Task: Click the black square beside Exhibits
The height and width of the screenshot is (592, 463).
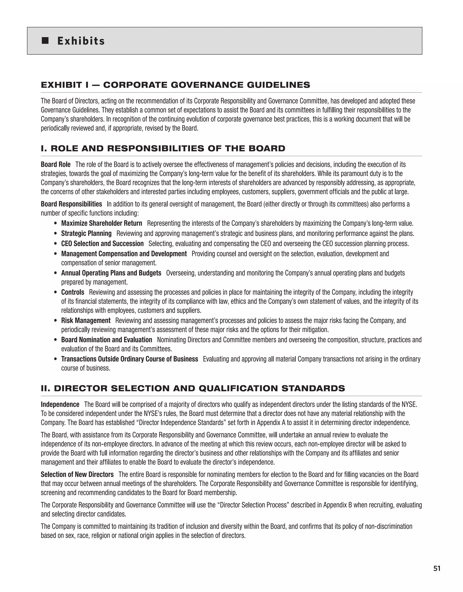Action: (45, 41)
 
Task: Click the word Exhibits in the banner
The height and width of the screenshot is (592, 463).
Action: (81, 41)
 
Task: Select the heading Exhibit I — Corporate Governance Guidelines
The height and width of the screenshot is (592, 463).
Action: (175, 85)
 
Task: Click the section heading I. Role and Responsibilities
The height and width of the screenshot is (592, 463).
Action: (163, 148)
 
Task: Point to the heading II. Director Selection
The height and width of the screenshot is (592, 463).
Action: (193, 388)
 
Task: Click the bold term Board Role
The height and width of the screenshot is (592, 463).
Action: (56, 164)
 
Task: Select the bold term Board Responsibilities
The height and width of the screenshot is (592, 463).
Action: (71, 204)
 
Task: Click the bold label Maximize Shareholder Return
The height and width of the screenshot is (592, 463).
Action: (102, 223)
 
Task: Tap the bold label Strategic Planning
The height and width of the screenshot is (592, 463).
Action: (86, 233)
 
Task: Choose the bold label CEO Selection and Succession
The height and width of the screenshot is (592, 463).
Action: (102, 244)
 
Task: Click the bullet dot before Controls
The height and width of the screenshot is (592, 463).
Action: (56, 292)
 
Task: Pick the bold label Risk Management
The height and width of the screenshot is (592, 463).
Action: (86, 321)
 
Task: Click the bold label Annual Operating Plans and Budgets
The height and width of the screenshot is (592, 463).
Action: (111, 273)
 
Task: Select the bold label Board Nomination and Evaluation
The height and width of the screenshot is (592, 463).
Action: (107, 340)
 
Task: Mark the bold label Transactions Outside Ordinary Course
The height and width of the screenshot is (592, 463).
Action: (129, 359)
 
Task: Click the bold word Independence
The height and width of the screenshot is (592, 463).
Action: (60, 404)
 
